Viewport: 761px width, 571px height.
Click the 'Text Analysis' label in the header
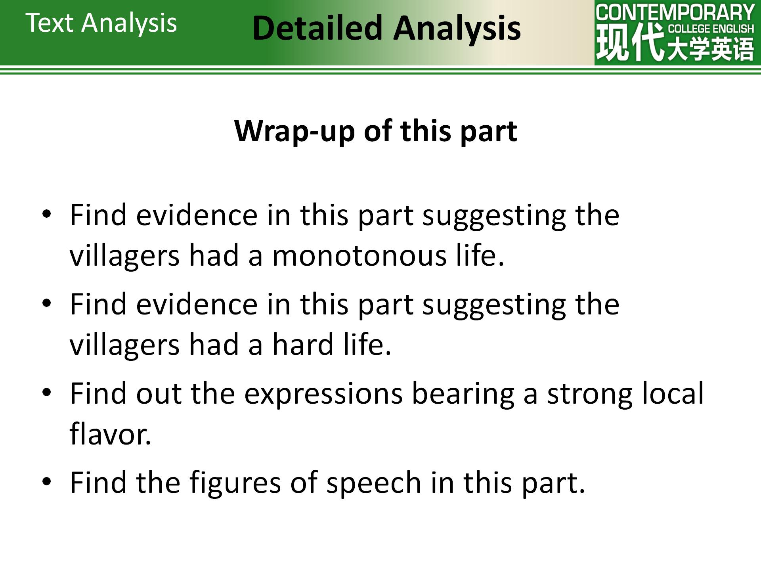pos(101,23)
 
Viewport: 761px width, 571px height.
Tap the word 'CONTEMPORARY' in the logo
pos(675,12)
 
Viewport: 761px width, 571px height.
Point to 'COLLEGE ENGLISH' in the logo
pos(711,29)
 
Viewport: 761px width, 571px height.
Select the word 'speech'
pos(374,483)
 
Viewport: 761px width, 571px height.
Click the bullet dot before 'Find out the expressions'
pos(47,393)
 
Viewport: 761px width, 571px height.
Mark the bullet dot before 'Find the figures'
pos(47,482)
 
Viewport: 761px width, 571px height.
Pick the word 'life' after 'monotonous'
pos(475,255)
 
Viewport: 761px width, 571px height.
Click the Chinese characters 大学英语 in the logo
pos(710,49)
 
